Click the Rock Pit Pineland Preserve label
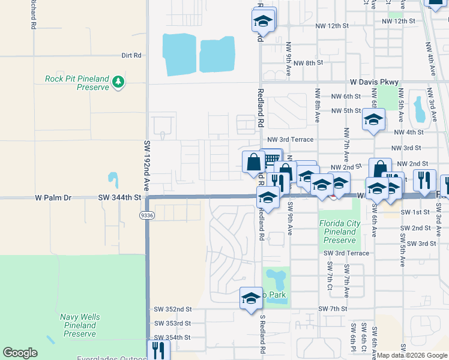point(77,83)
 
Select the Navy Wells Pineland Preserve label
point(80,325)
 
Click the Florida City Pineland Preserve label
point(340,232)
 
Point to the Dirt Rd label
point(131,55)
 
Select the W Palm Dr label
point(53,197)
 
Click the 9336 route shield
point(146,214)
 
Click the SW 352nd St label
point(172,309)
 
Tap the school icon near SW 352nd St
point(250,298)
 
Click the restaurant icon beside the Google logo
point(158,350)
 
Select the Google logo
point(20,353)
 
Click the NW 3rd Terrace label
point(291,140)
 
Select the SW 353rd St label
point(172,323)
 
